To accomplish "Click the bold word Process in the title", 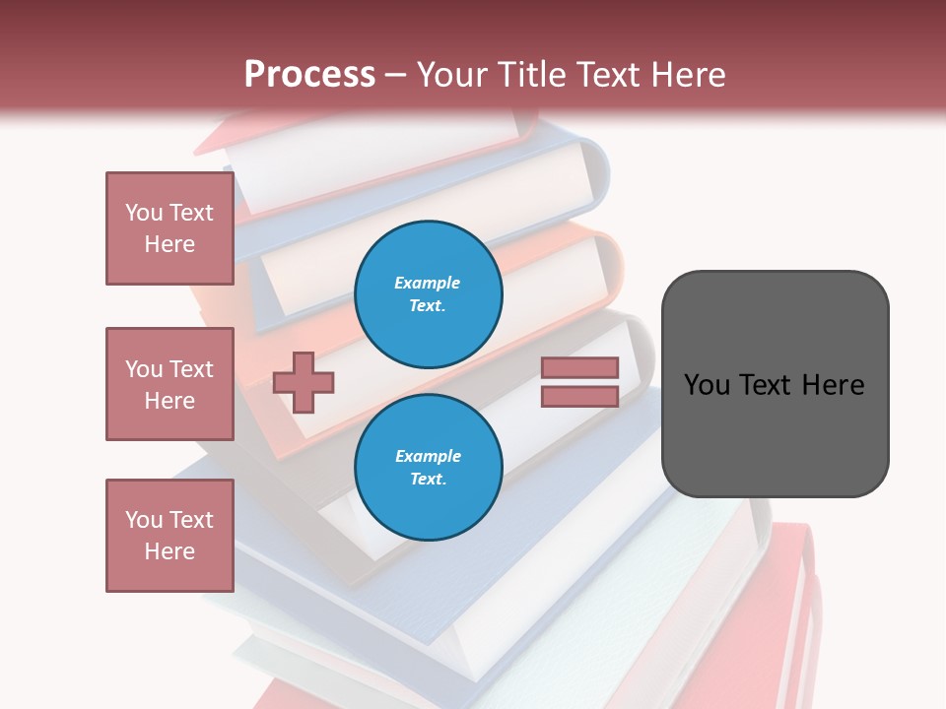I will point(309,75).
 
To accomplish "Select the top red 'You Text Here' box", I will point(169,228).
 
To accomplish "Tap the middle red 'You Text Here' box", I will point(169,384).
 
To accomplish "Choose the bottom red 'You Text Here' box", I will point(169,536).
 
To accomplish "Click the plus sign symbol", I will point(304,382).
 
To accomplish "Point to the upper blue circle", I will point(428,294).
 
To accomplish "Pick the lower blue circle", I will point(428,468).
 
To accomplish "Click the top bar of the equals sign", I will point(579,367).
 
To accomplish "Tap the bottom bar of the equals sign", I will point(579,396).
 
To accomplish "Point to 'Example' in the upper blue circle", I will point(428,283).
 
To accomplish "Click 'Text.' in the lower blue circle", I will point(428,480).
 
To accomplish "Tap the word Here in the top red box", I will point(169,244).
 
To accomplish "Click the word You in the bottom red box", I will point(144,520).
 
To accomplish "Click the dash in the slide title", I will point(396,75).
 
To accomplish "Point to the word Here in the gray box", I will point(834,385).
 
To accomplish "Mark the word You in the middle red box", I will point(144,369).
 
